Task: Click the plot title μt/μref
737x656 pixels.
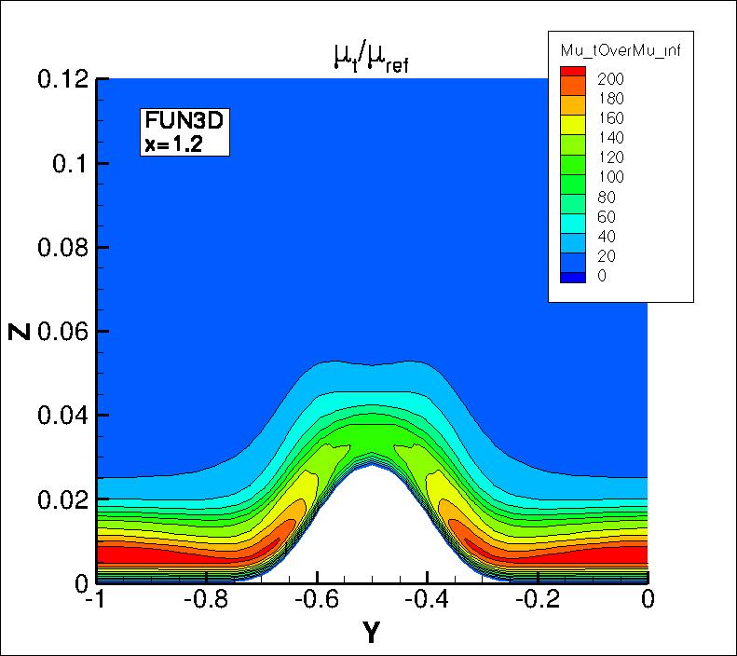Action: tap(371, 61)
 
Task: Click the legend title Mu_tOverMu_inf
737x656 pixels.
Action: tap(620, 50)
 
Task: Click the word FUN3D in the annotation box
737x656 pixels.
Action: tap(178, 119)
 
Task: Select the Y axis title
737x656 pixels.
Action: tap(371, 634)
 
